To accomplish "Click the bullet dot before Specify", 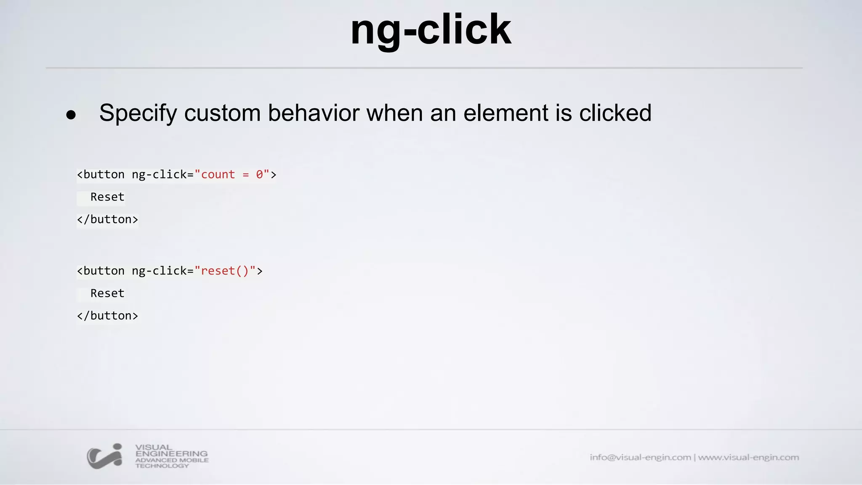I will [71, 115].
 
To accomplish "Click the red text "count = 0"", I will [232, 174].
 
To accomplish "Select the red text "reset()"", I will [225, 271].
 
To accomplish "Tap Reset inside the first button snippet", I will [107, 197].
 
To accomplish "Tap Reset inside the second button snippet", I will [107, 293].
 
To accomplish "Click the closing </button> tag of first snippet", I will [107, 219].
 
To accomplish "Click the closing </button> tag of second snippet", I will [107, 316].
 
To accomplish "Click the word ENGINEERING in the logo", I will [171, 453].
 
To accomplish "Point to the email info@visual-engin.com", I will [640, 457].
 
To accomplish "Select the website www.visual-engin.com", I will [748, 457].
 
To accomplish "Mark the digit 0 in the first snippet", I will [259, 174].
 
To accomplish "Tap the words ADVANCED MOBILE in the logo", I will [172, 460].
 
